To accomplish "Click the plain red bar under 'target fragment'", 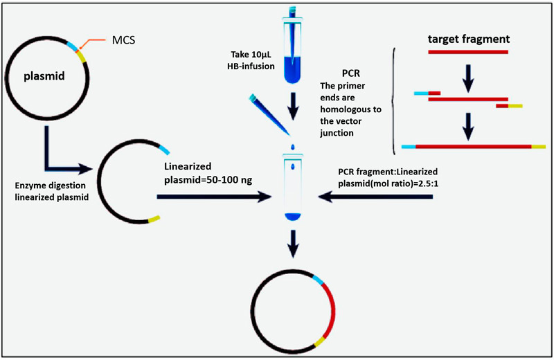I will [x=469, y=51].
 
